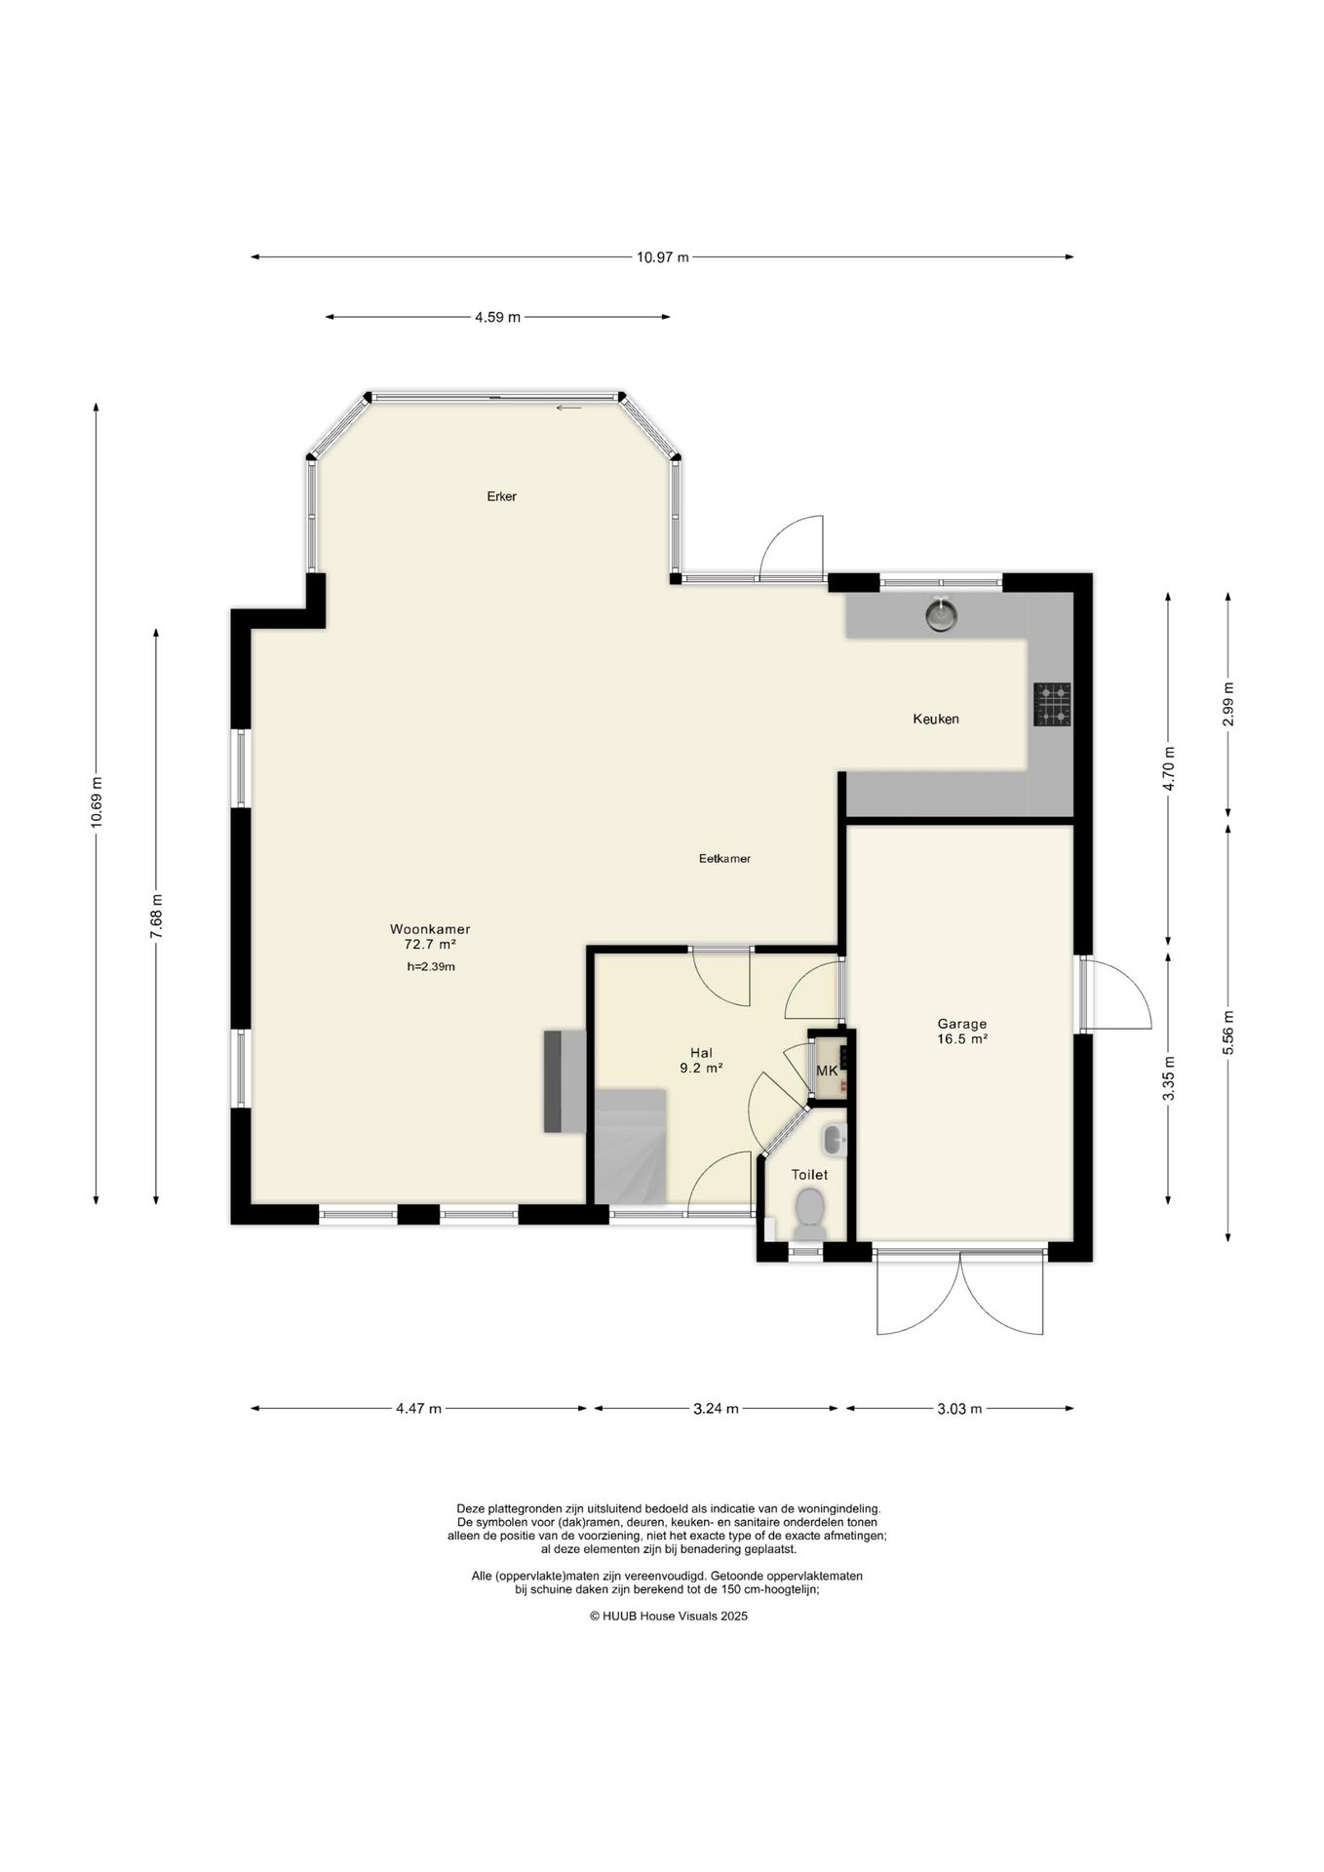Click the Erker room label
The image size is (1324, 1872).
501,496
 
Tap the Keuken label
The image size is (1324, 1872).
936,719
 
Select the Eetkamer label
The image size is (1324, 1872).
724,859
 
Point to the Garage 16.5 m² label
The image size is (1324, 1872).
962,1032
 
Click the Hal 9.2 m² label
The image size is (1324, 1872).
701,1060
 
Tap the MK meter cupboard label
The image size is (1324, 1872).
827,1071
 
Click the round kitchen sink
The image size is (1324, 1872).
941,615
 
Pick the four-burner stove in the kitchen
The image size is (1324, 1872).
1052,704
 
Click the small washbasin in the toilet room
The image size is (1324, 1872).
835,1139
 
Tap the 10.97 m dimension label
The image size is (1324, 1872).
663,257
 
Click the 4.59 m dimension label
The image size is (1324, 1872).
497,317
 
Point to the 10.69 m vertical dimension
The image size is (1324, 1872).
96,802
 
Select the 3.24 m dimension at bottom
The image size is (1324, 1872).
716,1408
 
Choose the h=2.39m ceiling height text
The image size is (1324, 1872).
431,967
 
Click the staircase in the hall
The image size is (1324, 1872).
631,1147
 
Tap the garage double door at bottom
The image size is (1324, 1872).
960,1291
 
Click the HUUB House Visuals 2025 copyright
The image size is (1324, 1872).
668,1616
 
